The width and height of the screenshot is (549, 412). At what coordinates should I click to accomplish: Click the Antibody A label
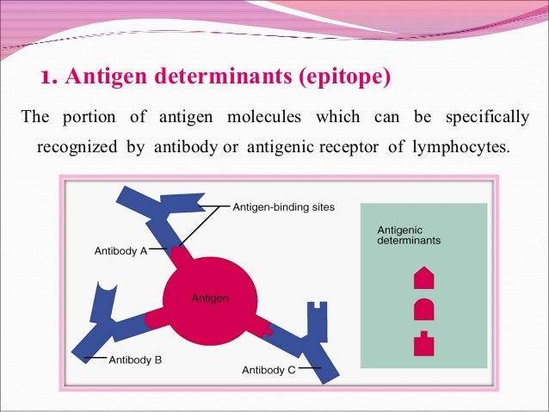(120, 251)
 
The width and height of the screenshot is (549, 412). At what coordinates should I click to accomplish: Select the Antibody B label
(135, 360)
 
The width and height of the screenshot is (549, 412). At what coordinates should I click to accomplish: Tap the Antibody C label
(268, 370)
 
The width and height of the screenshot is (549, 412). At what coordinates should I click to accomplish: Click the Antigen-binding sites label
(284, 207)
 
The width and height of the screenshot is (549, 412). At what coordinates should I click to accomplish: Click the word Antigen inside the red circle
(211, 298)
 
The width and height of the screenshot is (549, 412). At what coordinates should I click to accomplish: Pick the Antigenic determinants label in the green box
(409, 235)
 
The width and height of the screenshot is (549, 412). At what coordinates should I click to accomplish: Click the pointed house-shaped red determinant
(424, 278)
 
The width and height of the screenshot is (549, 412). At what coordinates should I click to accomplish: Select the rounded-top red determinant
(424, 309)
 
